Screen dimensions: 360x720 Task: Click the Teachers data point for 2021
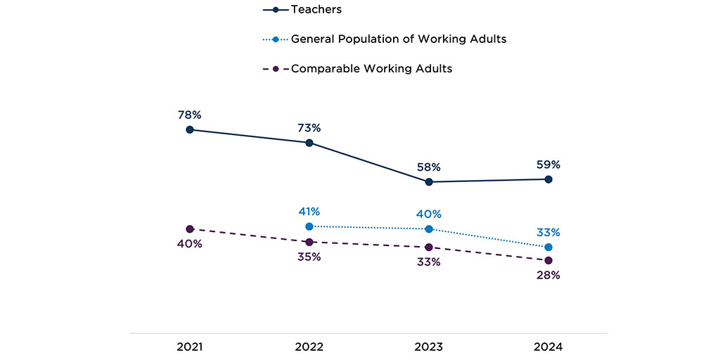(x=190, y=129)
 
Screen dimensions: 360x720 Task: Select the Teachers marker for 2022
(x=309, y=143)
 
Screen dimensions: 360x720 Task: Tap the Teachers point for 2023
(x=429, y=182)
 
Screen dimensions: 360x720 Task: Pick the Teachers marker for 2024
(x=548, y=179)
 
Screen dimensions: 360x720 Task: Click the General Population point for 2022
(x=309, y=226)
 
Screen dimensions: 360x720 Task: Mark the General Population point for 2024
(x=548, y=247)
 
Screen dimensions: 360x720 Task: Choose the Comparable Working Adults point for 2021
(x=190, y=229)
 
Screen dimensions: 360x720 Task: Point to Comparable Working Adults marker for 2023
(x=429, y=247)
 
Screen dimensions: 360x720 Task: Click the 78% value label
(x=190, y=115)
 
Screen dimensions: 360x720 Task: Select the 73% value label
(x=309, y=128)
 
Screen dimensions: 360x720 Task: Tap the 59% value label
(x=548, y=165)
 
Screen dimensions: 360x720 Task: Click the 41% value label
(x=309, y=211)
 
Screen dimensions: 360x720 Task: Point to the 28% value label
(x=548, y=276)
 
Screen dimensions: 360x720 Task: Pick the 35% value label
(x=309, y=257)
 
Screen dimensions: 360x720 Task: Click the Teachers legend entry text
(x=316, y=10)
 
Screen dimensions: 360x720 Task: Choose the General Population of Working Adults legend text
(x=399, y=39)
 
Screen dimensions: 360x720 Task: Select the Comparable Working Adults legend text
(x=371, y=68)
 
